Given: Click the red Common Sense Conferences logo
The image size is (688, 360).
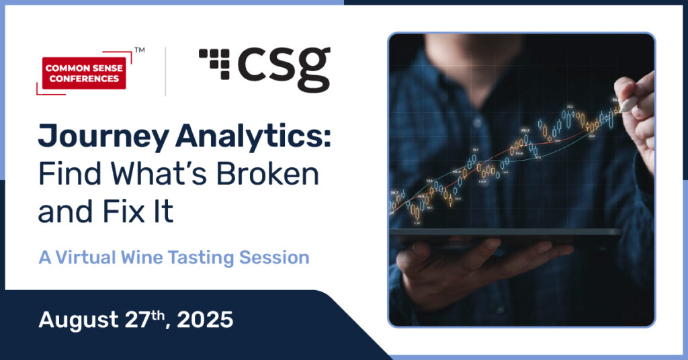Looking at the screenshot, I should [84, 73].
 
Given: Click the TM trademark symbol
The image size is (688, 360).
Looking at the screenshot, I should [140, 50].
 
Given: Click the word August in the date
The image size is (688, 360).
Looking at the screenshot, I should [73, 320].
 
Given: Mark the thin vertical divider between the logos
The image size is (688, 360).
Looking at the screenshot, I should [165, 71].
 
